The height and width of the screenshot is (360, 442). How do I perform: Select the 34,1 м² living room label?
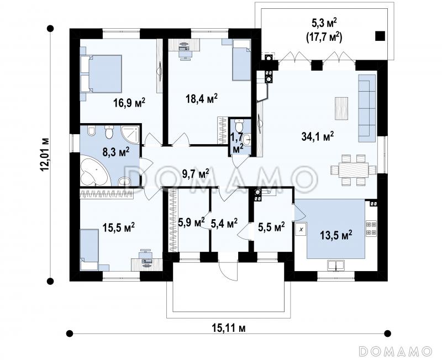click(x=318, y=136)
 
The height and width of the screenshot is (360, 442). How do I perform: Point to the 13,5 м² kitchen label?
click(x=336, y=234)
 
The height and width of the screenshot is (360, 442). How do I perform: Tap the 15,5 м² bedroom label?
click(x=118, y=227)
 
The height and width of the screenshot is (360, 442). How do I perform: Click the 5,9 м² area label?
click(x=191, y=223)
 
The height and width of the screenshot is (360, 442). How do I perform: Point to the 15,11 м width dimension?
click(x=228, y=328)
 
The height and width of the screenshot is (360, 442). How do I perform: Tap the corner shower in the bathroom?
click(x=130, y=135)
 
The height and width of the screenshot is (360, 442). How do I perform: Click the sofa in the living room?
click(x=367, y=108)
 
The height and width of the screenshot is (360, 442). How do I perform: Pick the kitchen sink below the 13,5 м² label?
click(x=336, y=266)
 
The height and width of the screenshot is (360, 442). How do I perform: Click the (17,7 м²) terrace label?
click(x=324, y=37)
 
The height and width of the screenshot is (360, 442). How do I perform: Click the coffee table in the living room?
click(x=341, y=109)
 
